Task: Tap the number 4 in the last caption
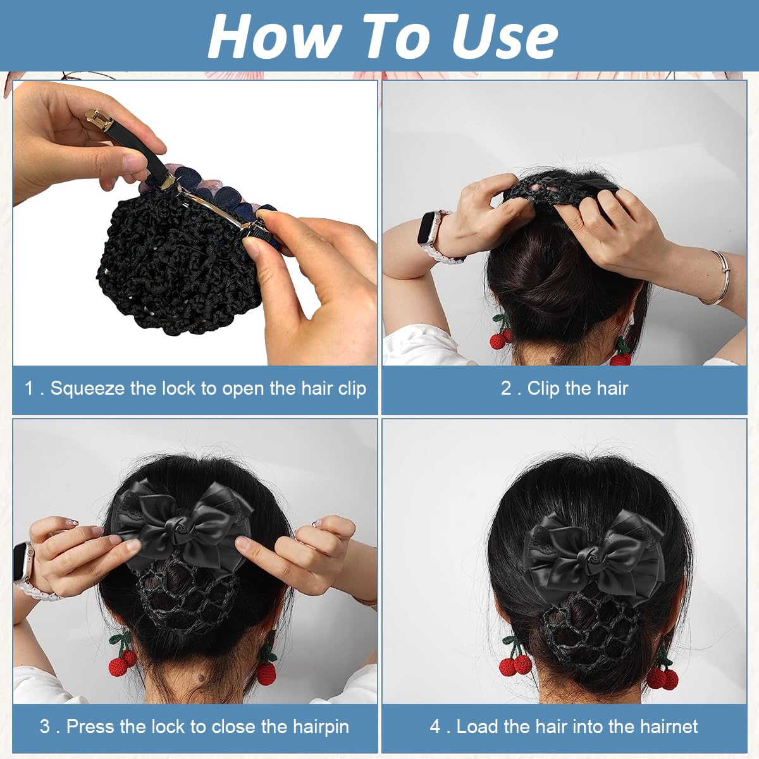(x=435, y=727)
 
